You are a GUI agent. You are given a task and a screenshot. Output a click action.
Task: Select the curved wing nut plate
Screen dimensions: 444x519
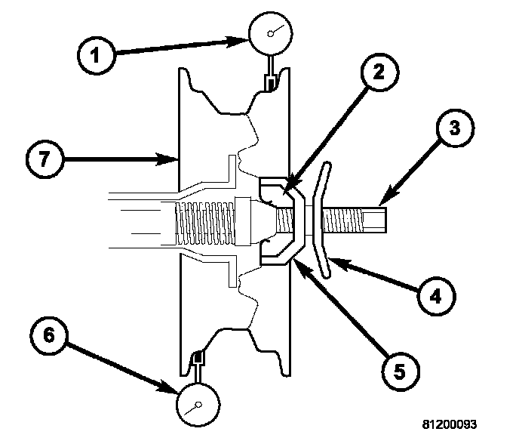[x=322, y=219]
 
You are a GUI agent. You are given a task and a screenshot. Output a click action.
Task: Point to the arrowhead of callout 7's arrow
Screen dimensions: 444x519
[x=173, y=159]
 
